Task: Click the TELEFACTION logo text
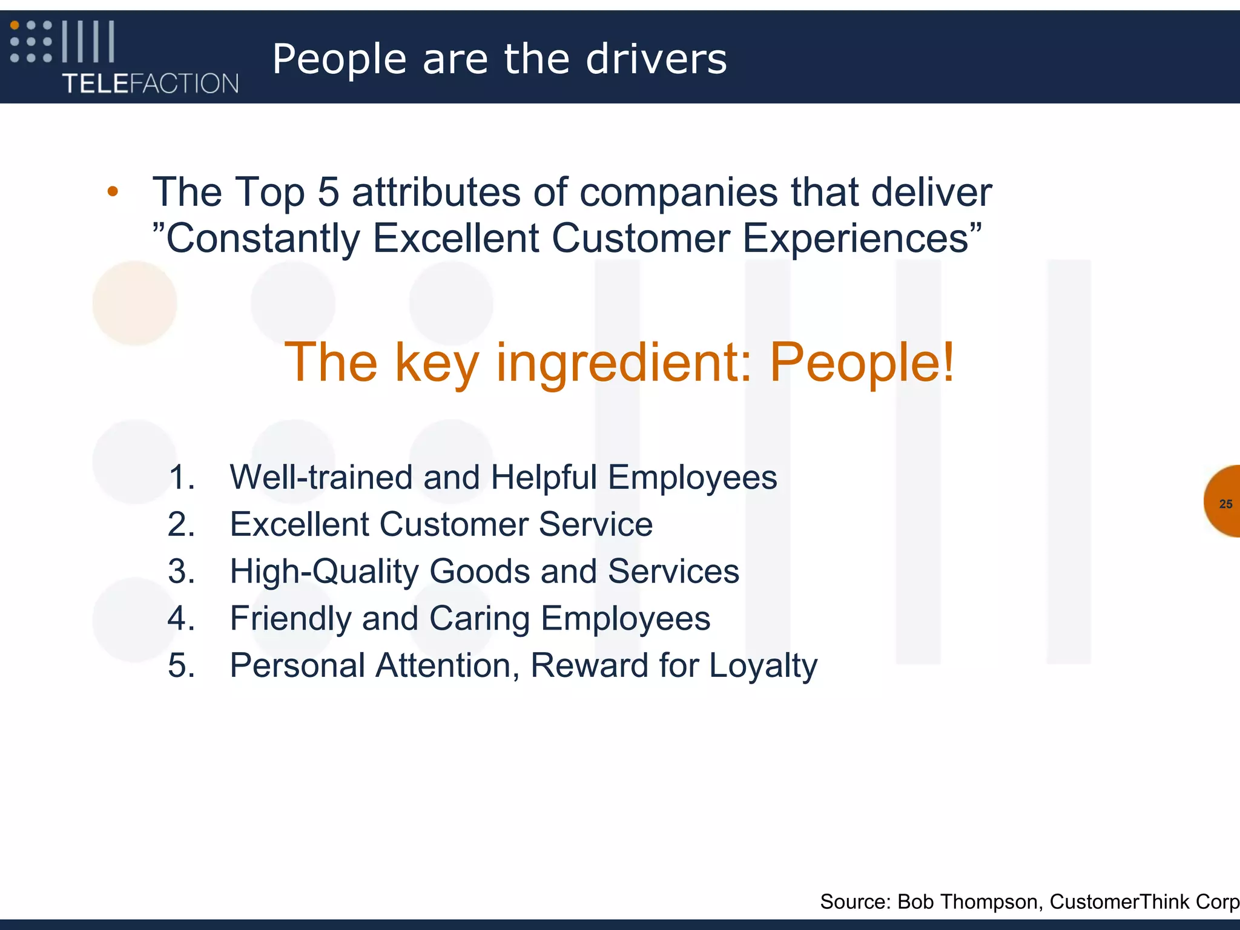(150, 84)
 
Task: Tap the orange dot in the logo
(15, 25)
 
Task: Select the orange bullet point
(113, 193)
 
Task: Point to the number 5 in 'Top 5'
(328, 193)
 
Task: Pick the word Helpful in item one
(544, 478)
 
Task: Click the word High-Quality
(324, 572)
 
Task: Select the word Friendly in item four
(291, 619)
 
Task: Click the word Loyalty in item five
(763, 666)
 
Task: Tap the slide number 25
(1225, 504)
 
